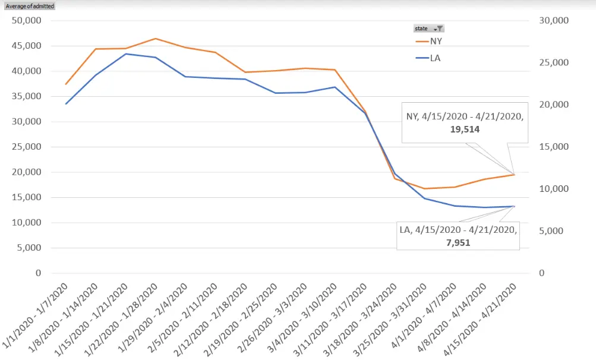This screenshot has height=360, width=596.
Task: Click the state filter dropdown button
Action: click(438, 29)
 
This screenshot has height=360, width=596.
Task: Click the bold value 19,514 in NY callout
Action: click(465, 129)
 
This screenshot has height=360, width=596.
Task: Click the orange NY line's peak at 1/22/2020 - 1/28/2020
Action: click(156, 39)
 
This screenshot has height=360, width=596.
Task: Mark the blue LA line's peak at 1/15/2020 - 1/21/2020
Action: click(126, 54)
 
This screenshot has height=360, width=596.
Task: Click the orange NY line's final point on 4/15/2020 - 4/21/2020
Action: click(514, 175)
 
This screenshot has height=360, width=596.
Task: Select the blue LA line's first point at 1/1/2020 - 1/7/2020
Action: click(66, 104)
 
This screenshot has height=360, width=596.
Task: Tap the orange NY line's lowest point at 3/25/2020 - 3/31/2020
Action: click(425, 189)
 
